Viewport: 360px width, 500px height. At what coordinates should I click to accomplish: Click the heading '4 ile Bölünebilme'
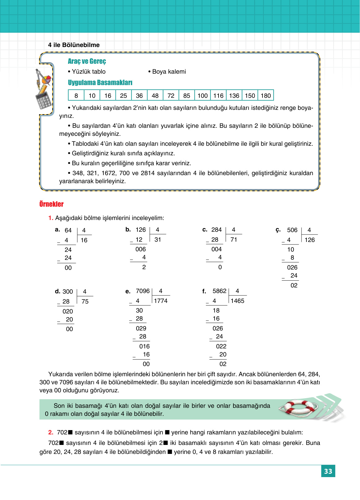[x=74, y=45]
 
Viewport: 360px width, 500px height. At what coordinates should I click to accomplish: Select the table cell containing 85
[x=187, y=96]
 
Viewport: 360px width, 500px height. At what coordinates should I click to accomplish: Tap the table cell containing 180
[x=266, y=96]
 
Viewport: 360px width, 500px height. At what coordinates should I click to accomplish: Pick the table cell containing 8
[x=76, y=96]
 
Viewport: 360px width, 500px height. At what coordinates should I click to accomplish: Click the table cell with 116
[x=218, y=96]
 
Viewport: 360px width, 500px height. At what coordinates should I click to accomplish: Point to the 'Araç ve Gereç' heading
[x=87, y=61]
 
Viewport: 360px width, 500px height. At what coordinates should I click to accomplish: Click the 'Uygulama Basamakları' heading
[x=100, y=83]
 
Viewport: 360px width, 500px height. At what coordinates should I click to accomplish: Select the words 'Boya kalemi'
[x=169, y=71]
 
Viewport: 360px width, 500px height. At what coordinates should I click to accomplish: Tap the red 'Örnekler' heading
[x=51, y=204]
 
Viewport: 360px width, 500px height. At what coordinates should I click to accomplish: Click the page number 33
[x=328, y=471]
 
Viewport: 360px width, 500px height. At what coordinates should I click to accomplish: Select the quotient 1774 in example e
[x=161, y=301]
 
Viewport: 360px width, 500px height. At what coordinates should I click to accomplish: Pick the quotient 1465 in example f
[x=237, y=301]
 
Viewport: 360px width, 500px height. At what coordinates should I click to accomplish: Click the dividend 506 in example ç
[x=292, y=230]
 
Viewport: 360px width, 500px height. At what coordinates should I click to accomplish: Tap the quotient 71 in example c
[x=234, y=239]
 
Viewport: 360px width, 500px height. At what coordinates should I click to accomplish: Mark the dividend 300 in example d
[x=67, y=291]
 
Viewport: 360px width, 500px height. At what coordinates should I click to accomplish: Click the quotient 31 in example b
[x=158, y=239]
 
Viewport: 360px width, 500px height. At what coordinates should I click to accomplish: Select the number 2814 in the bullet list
[x=148, y=173]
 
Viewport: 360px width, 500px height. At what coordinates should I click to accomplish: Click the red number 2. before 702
[x=51, y=432]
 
